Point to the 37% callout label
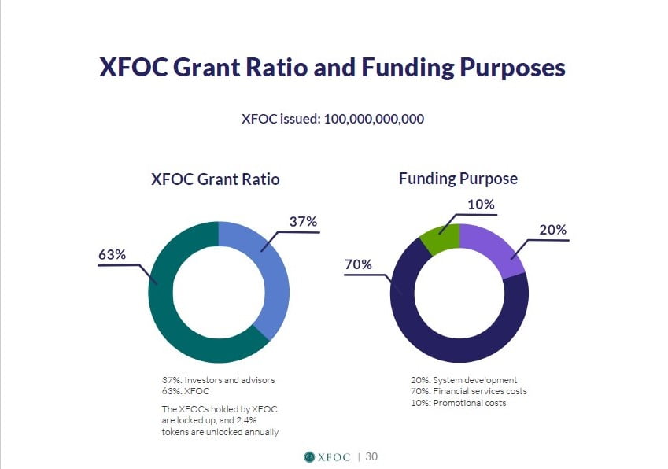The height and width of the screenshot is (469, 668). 304,221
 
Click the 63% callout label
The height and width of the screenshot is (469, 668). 112,254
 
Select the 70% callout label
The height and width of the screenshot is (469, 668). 358,264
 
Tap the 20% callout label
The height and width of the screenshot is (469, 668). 552,230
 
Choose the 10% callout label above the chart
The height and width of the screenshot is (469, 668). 481,205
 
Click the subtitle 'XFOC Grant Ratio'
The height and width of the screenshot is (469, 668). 216,179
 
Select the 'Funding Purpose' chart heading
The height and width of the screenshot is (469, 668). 459,179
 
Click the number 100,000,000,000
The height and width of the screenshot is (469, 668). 374,119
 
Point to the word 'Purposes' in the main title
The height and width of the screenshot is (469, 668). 512,68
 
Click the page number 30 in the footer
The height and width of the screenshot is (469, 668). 371,456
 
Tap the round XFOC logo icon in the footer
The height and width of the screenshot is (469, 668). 309,457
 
